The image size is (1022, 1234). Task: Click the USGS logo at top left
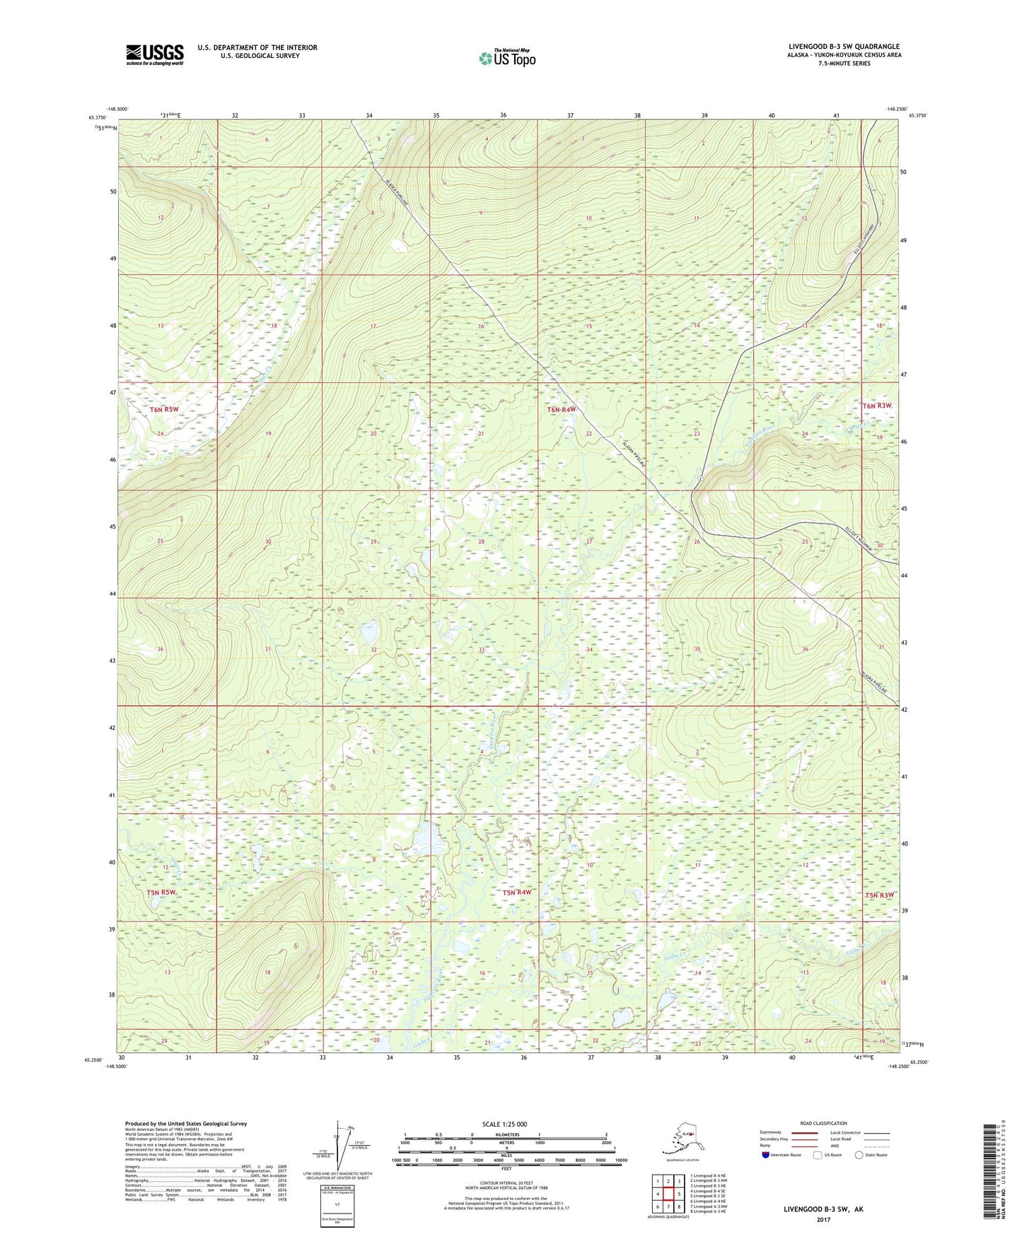(154, 54)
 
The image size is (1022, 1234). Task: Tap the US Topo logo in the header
(507, 58)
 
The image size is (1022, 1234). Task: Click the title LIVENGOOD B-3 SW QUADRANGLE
(844, 47)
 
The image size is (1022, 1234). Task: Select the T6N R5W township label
(164, 409)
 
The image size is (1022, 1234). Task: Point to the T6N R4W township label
(562, 409)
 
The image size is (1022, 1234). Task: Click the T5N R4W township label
(516, 893)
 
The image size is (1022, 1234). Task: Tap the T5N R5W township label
(161, 893)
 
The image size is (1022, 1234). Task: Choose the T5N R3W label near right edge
(879, 895)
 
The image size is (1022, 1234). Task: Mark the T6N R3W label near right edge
(878, 406)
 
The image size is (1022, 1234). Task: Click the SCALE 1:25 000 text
(504, 1124)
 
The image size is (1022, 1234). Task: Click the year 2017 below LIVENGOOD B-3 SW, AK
(823, 1219)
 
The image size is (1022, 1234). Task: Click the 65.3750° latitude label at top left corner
(97, 118)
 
